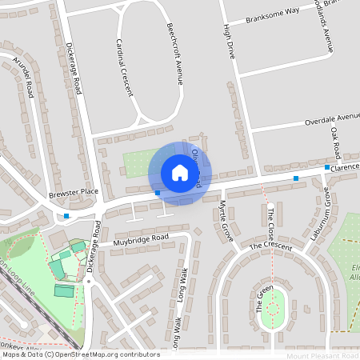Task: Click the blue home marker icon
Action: point(180,173)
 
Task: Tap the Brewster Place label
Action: point(73,192)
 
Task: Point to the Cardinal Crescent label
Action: point(125,67)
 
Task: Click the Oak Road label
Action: point(336,146)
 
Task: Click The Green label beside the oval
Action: point(259,298)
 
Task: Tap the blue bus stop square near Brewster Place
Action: point(66,216)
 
